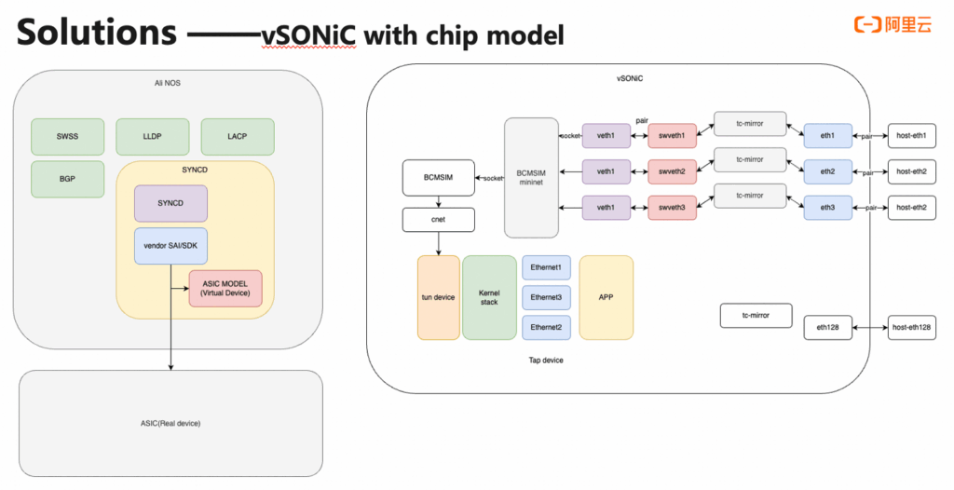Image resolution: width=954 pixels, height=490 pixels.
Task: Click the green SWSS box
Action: coord(68,136)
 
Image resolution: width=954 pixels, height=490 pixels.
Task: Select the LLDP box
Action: coord(153,136)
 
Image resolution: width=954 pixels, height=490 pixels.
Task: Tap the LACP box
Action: coord(238,136)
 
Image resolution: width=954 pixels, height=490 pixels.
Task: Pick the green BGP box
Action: coord(68,179)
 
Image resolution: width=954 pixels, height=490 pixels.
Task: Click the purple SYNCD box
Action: coord(170,203)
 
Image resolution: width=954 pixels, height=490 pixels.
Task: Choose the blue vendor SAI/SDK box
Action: coord(170,246)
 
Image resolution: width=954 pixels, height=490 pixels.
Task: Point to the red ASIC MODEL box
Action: coord(225,289)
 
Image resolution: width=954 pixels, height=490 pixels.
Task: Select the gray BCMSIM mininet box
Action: coord(531,177)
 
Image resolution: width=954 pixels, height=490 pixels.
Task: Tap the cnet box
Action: coord(439,220)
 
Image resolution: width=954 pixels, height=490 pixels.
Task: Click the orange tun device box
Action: coord(438,297)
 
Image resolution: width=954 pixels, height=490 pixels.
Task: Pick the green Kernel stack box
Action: coord(489,297)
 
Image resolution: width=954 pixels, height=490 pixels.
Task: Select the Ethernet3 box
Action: coord(546,297)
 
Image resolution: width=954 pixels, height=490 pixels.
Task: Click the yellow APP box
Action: coord(606,297)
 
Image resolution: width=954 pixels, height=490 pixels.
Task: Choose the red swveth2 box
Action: coord(673,170)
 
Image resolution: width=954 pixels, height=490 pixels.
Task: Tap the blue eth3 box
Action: coord(827,207)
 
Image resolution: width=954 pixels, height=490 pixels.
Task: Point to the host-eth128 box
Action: coord(912,327)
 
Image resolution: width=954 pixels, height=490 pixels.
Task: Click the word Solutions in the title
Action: coord(96,33)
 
